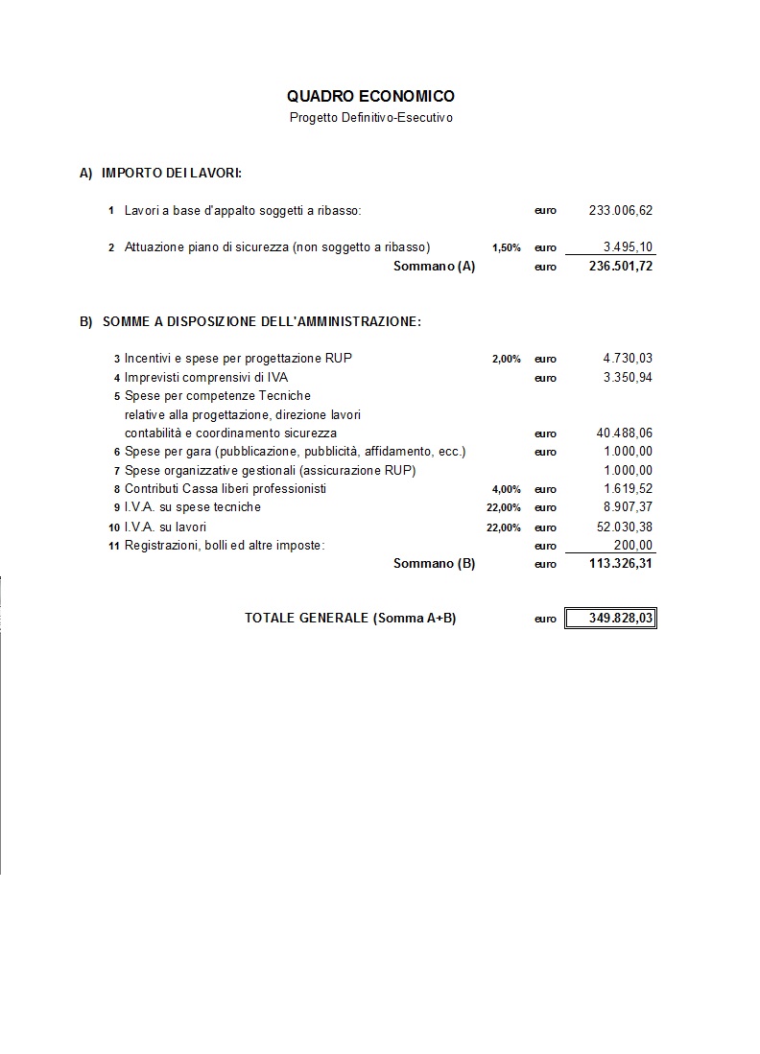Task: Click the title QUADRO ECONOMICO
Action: click(x=370, y=96)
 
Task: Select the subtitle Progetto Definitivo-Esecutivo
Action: click(x=370, y=118)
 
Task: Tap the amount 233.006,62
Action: click(x=620, y=210)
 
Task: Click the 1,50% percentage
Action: click(x=506, y=247)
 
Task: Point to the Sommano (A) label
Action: click(x=434, y=266)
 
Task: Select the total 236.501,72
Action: click(x=620, y=266)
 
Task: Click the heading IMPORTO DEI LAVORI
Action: click(x=171, y=174)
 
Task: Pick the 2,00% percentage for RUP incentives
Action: click(x=506, y=359)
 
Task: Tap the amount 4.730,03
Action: click(x=628, y=359)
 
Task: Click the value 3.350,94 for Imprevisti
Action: click(x=628, y=377)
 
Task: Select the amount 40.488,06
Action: click(x=624, y=433)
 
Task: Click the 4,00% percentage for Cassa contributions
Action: click(x=506, y=489)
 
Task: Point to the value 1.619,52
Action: click(x=628, y=489)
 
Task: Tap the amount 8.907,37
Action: click(x=628, y=507)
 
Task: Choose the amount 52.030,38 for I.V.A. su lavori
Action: click(x=624, y=527)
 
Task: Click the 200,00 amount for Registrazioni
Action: click(x=632, y=545)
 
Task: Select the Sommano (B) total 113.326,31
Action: click(x=620, y=564)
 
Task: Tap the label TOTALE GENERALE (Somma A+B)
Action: click(x=350, y=619)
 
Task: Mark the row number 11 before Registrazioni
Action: click(x=113, y=547)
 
